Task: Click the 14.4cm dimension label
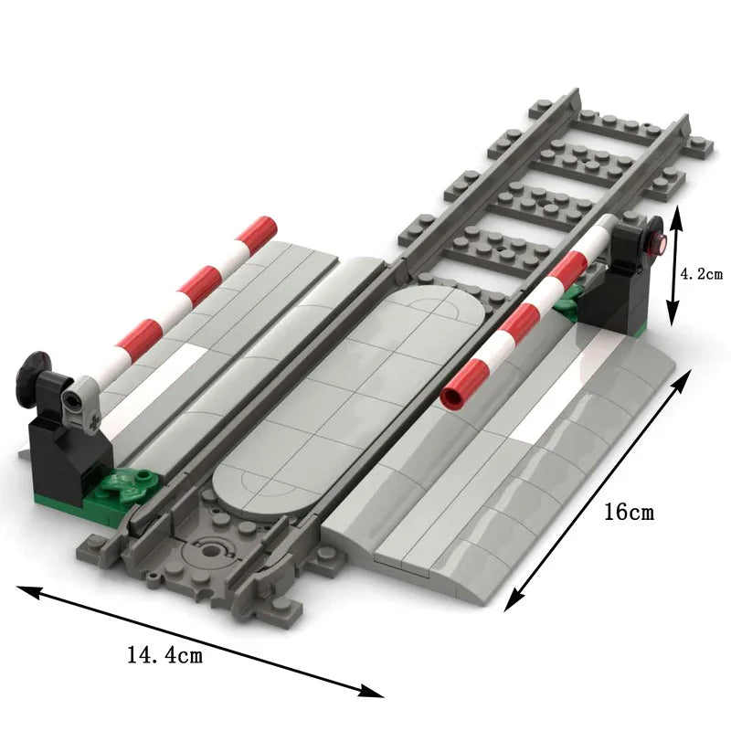[165, 654]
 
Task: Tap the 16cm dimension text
[629, 512]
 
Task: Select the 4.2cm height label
[702, 273]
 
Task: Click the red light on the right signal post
[655, 241]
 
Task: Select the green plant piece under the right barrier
[572, 299]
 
